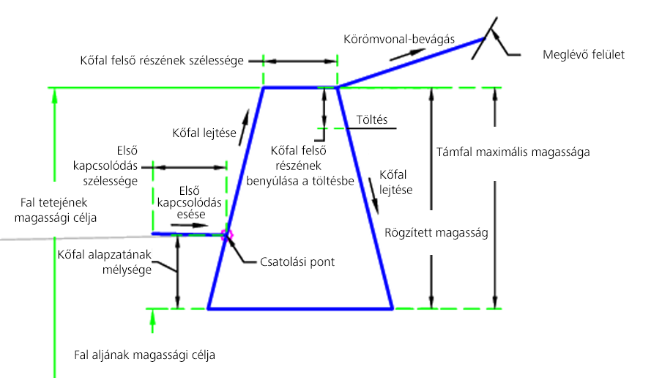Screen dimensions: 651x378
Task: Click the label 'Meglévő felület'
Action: tap(584, 55)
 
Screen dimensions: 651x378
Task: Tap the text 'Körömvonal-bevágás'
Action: tap(399, 40)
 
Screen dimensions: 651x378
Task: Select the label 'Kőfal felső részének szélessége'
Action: tap(162, 61)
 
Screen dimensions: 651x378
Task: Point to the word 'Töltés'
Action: tap(372, 120)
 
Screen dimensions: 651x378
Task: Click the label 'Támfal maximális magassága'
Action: tap(513, 152)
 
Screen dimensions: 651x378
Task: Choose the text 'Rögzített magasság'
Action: tap(436, 233)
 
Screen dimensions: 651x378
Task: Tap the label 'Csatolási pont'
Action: tap(297, 262)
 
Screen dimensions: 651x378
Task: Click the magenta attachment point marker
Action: tap(227, 235)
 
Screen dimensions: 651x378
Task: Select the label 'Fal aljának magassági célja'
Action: tap(144, 355)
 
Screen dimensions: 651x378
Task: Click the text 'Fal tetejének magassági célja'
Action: tap(55, 210)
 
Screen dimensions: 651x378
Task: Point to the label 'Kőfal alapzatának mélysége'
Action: tap(105, 262)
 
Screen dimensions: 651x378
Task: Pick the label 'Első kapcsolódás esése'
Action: tap(190, 203)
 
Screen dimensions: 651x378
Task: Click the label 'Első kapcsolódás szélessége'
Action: tap(105, 166)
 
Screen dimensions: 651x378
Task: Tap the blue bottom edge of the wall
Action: tap(300, 308)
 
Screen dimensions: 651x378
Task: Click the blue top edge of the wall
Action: tap(300, 87)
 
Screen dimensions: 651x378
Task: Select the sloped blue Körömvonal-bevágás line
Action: tap(411, 63)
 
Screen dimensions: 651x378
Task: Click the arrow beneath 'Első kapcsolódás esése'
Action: tap(190, 225)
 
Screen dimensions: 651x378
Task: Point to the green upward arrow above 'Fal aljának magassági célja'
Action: tap(152, 321)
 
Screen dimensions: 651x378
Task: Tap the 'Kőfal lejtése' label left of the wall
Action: tap(204, 133)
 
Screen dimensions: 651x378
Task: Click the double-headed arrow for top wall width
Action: tap(300, 62)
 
